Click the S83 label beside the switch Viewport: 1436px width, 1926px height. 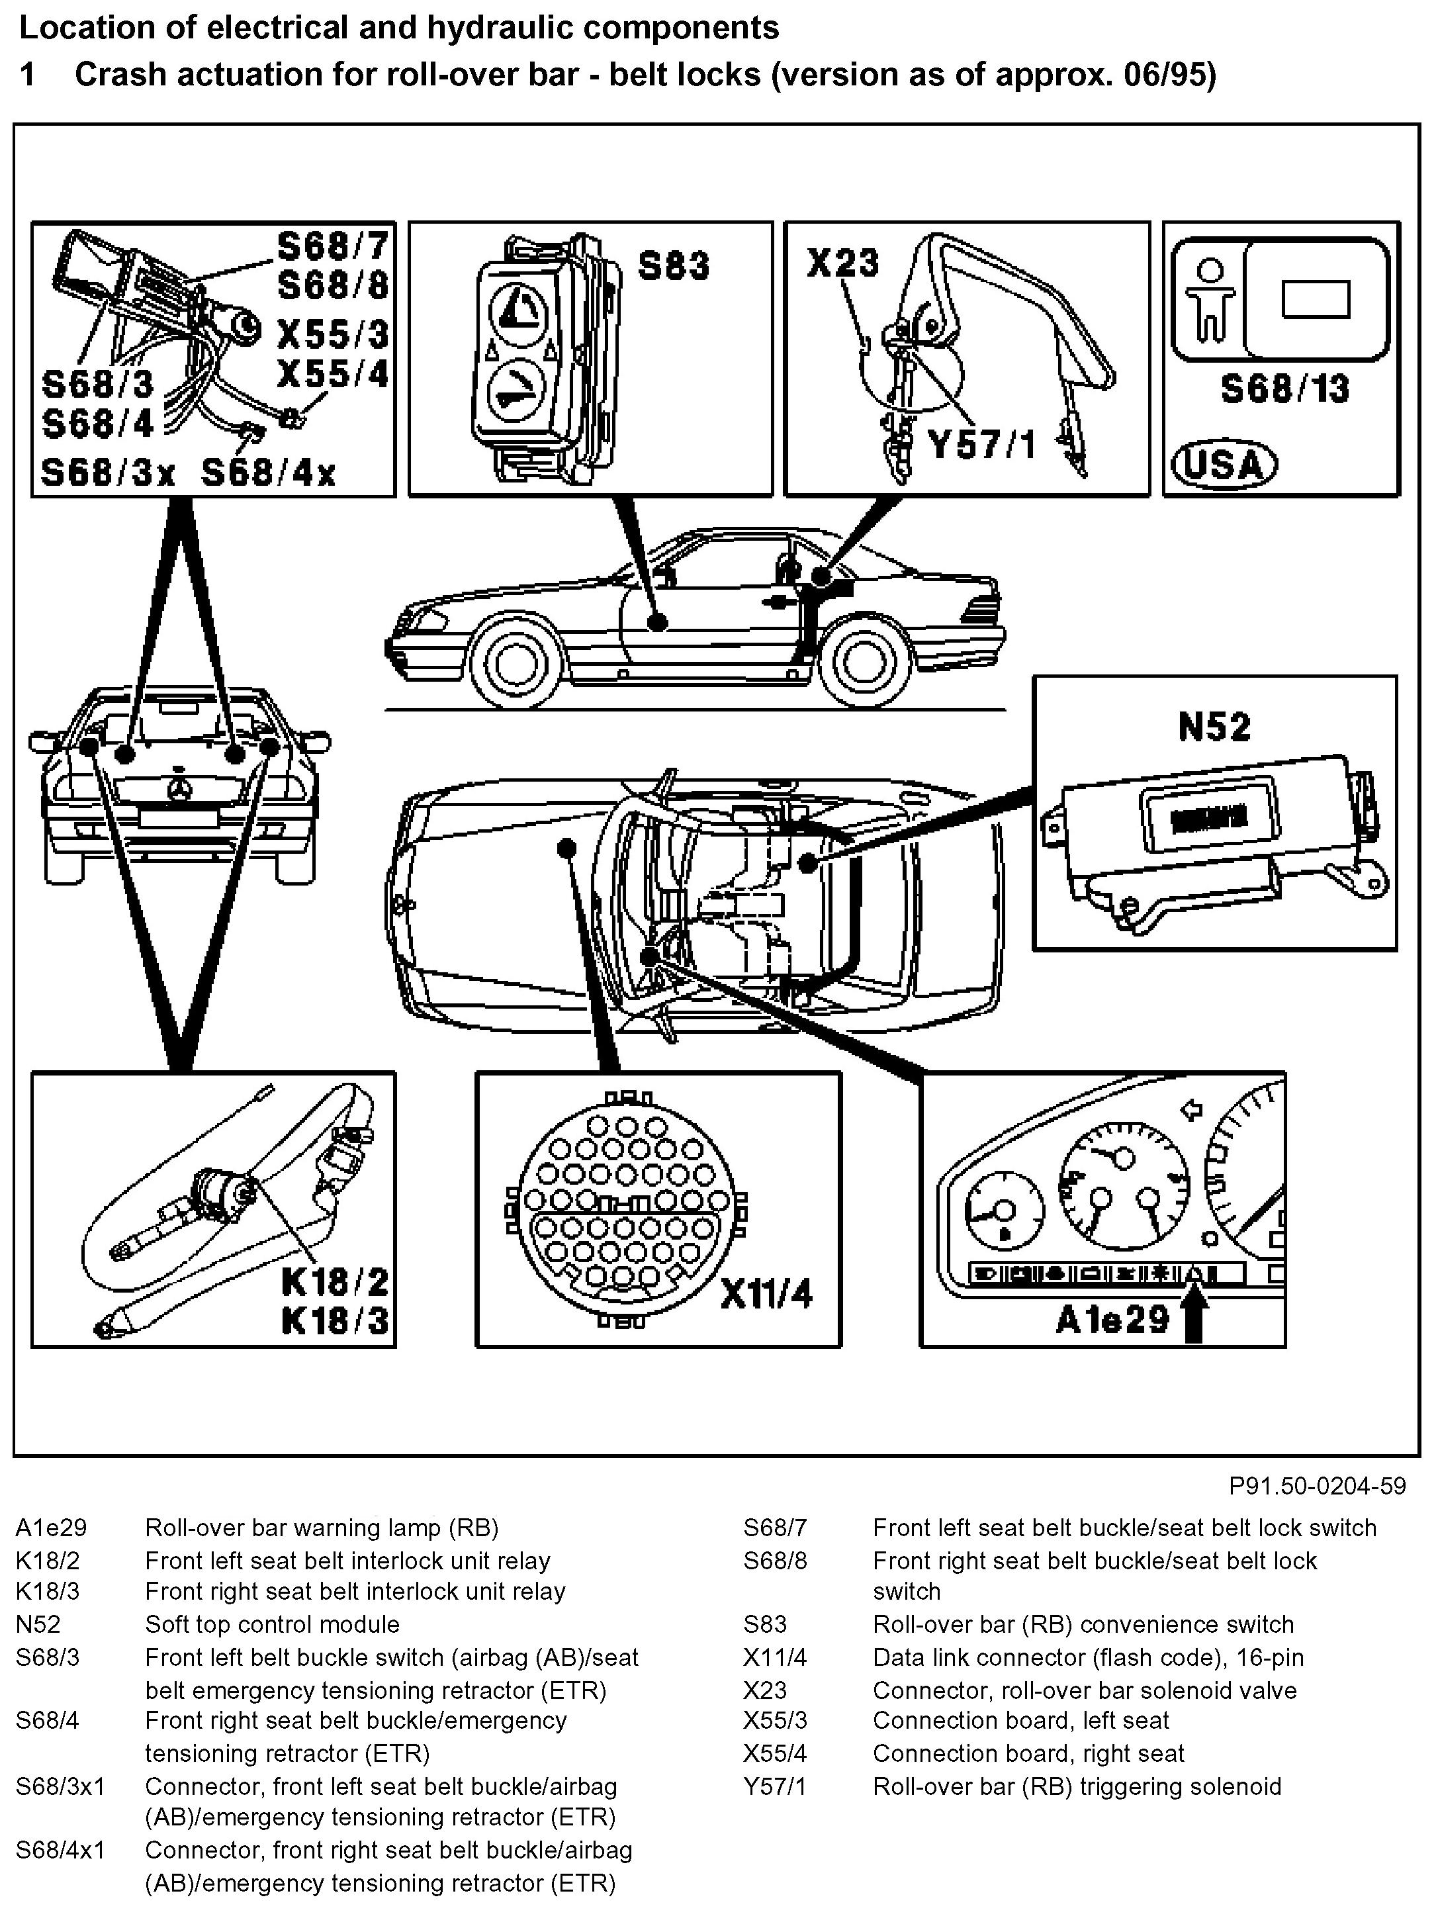[673, 266]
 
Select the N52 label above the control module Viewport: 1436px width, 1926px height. [1214, 727]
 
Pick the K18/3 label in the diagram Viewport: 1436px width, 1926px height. [335, 1321]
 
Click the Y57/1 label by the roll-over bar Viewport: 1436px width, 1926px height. [981, 445]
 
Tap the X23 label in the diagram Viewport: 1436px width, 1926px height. [842, 263]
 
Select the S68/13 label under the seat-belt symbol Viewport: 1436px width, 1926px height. [1284, 389]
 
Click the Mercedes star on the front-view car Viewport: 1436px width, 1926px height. [180, 786]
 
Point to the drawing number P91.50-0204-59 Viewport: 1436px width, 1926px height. [1317, 1485]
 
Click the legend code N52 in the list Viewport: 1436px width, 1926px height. [38, 1624]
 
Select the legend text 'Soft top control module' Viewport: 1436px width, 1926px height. [272, 1624]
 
